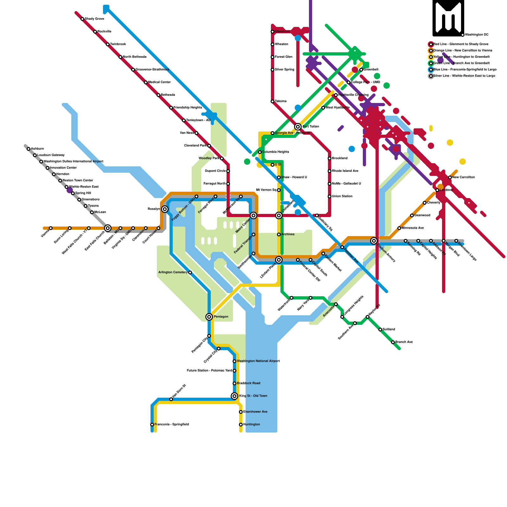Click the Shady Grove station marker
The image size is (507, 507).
pos(82,19)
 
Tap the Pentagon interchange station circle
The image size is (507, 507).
pos(209,317)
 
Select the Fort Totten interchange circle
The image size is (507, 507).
pos(298,127)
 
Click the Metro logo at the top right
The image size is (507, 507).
pos(448,18)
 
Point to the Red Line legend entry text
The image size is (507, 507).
pos(461,44)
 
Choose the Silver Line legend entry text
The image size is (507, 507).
pos(464,76)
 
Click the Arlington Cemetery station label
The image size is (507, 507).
pos(173,273)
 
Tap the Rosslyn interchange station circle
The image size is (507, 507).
pos(165,209)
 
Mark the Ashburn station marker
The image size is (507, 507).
pos(29,149)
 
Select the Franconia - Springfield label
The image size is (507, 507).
pos(172,425)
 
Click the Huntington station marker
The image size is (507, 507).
pos(241,425)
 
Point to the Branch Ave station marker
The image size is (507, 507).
pos(393,342)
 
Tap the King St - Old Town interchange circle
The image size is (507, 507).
pos(234,396)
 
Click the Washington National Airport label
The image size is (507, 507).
pos(258,361)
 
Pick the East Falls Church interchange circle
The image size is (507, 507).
pos(108,228)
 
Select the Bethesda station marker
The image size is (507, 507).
pos(158,95)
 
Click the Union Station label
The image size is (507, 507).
pos(342,196)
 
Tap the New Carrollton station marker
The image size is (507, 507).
pos(450,177)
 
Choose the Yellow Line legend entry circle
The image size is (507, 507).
pos(431,57)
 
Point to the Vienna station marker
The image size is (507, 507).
pos(51,228)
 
